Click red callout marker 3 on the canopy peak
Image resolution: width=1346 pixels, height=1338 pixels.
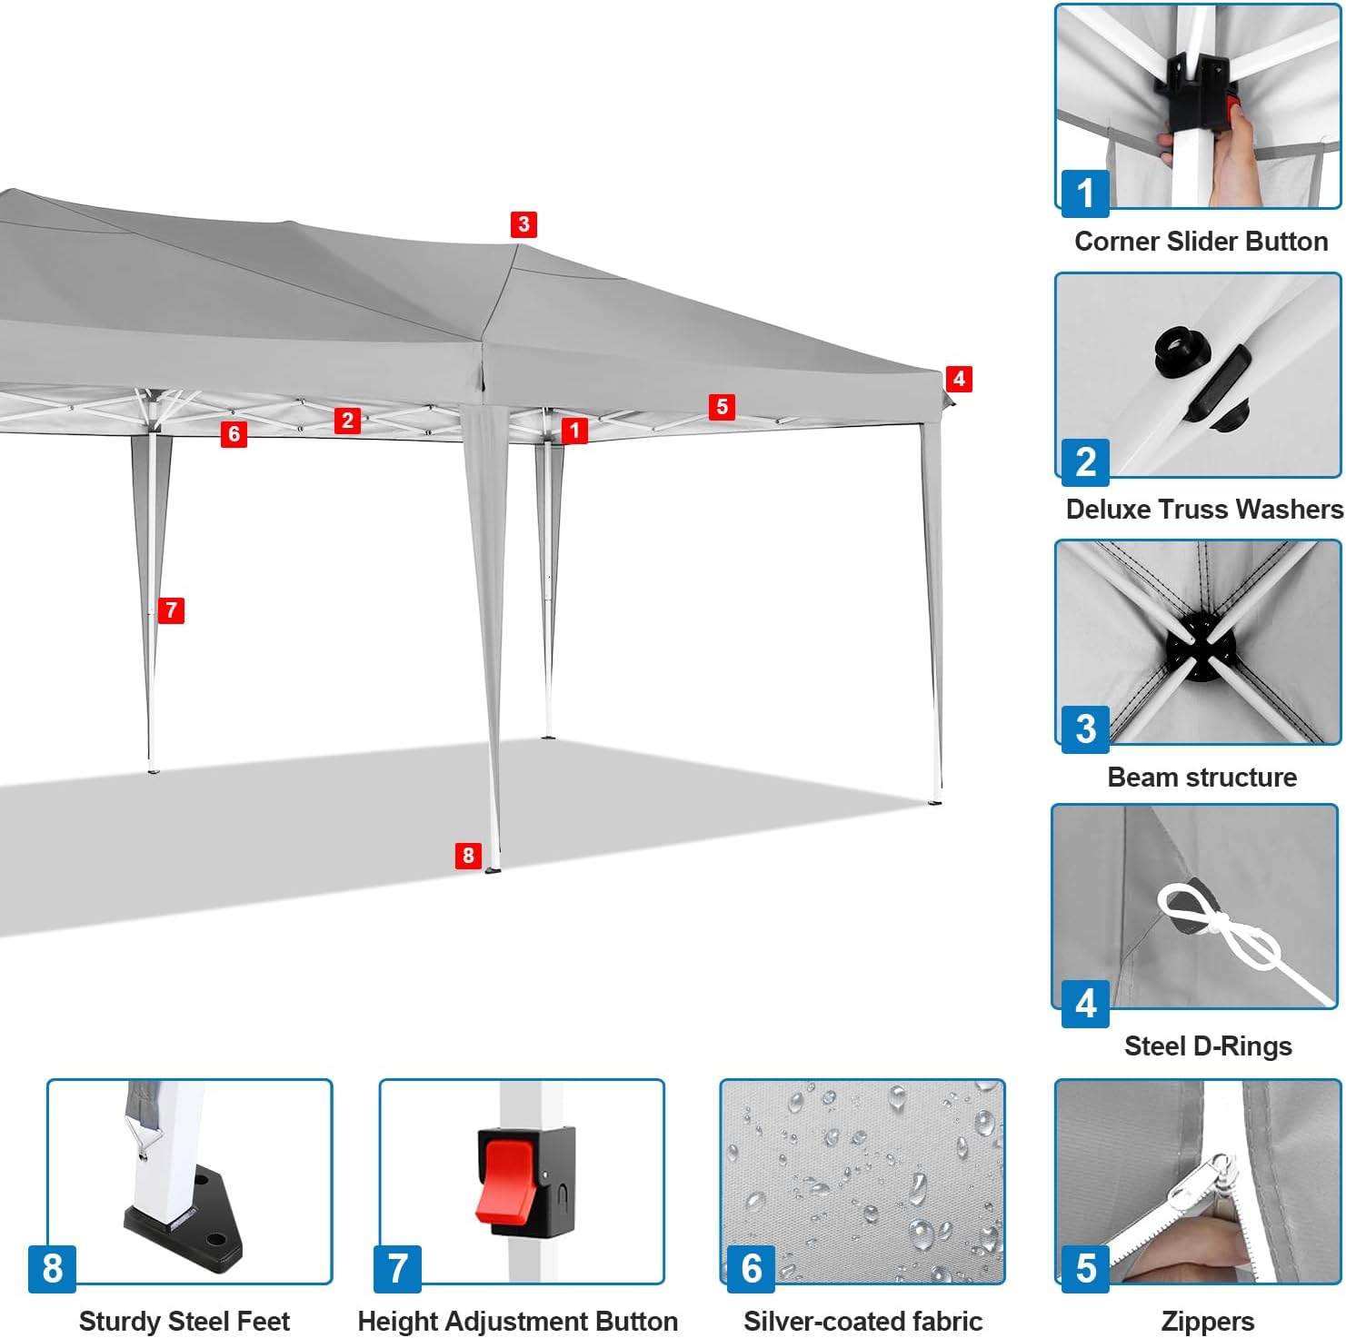523,224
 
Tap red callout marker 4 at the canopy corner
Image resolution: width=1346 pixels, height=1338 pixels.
959,378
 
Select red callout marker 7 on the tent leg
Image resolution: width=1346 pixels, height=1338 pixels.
171,610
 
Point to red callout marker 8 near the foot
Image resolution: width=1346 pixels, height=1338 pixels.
468,855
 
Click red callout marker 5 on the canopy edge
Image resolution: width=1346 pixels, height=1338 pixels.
723,406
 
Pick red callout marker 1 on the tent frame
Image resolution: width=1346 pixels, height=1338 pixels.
574,430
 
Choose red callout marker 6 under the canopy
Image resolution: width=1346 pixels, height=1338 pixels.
234,434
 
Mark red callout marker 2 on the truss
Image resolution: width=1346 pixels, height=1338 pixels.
347,420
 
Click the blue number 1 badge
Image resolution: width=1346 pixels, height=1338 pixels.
1085,193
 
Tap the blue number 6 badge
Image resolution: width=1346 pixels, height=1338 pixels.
751,1268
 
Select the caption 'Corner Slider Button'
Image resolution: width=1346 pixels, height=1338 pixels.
1201,241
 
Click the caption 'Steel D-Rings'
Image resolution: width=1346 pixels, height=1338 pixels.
1208,1046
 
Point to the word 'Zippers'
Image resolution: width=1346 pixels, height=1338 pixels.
1207,1321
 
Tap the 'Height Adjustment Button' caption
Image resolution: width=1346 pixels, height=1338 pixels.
518,1321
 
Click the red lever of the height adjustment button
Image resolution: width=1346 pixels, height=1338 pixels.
505,1181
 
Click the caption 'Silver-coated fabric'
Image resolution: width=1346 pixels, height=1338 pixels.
862,1321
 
